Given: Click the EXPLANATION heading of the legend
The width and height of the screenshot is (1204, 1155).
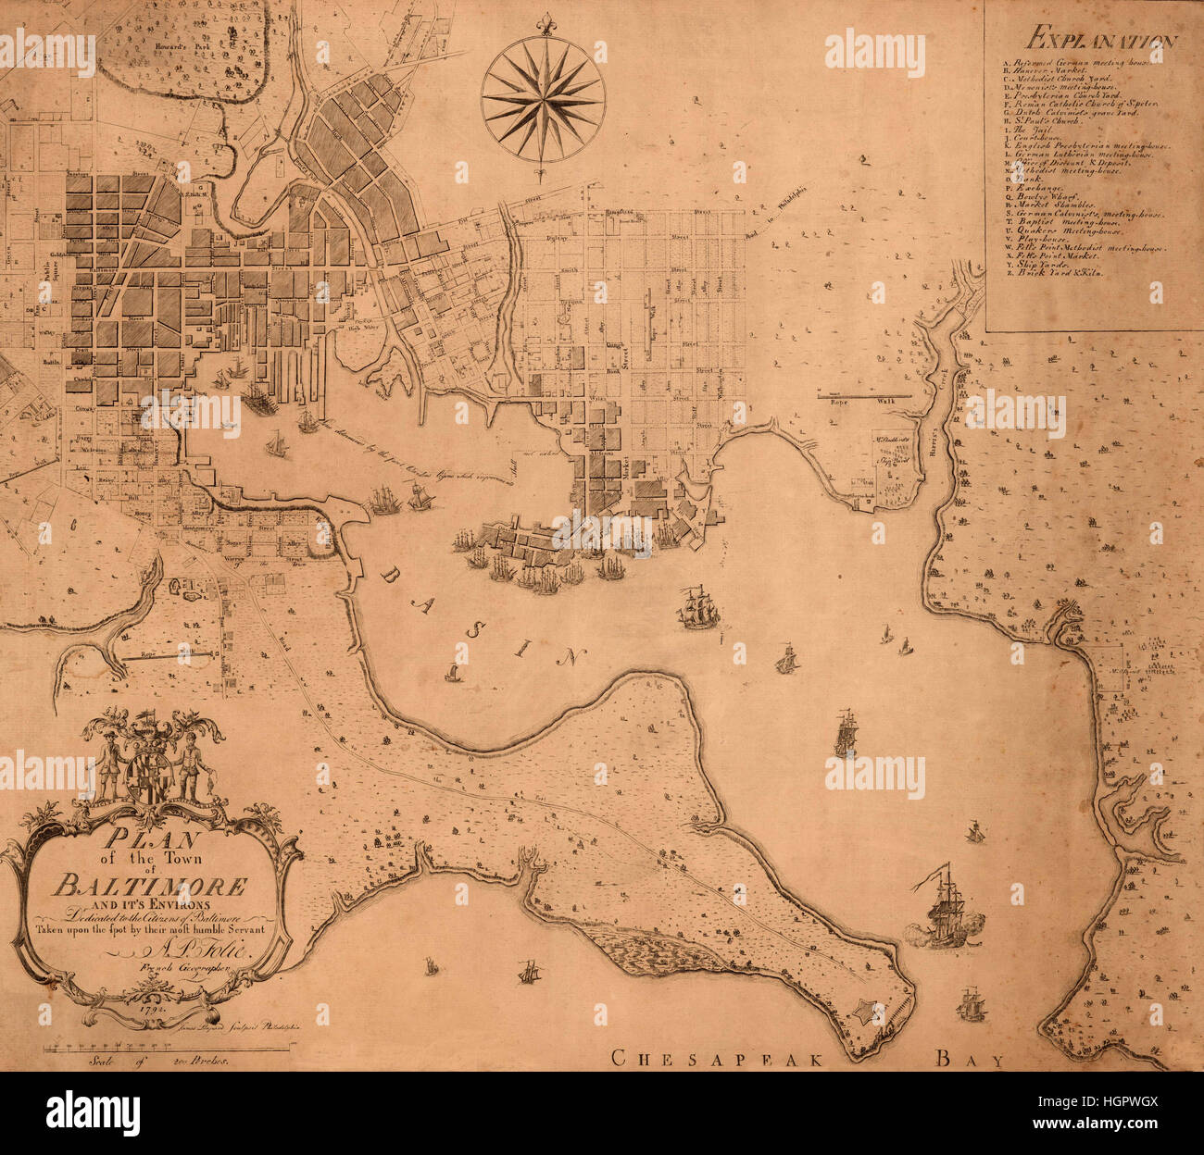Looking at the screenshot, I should pyautogui.click(x=1100, y=40).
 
